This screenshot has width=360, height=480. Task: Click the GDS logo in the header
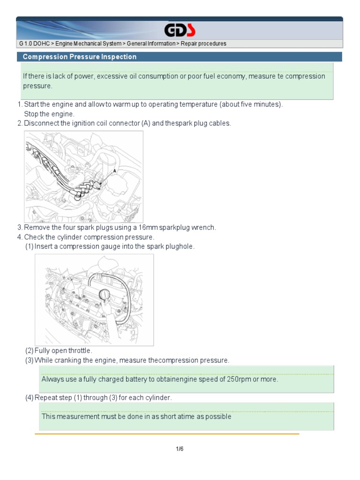(180, 31)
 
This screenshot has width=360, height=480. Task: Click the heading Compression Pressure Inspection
(80, 57)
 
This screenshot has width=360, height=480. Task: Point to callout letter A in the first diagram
(114, 172)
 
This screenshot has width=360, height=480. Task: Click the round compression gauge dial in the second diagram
(105, 294)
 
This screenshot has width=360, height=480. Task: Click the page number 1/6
(180, 449)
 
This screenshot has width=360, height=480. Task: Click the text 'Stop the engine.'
(49, 114)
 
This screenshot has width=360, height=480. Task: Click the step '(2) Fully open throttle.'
(59, 351)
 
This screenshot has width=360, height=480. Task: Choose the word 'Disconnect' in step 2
(41, 123)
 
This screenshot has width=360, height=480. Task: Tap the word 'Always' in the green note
(52, 379)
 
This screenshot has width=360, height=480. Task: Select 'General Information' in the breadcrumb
(148, 44)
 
